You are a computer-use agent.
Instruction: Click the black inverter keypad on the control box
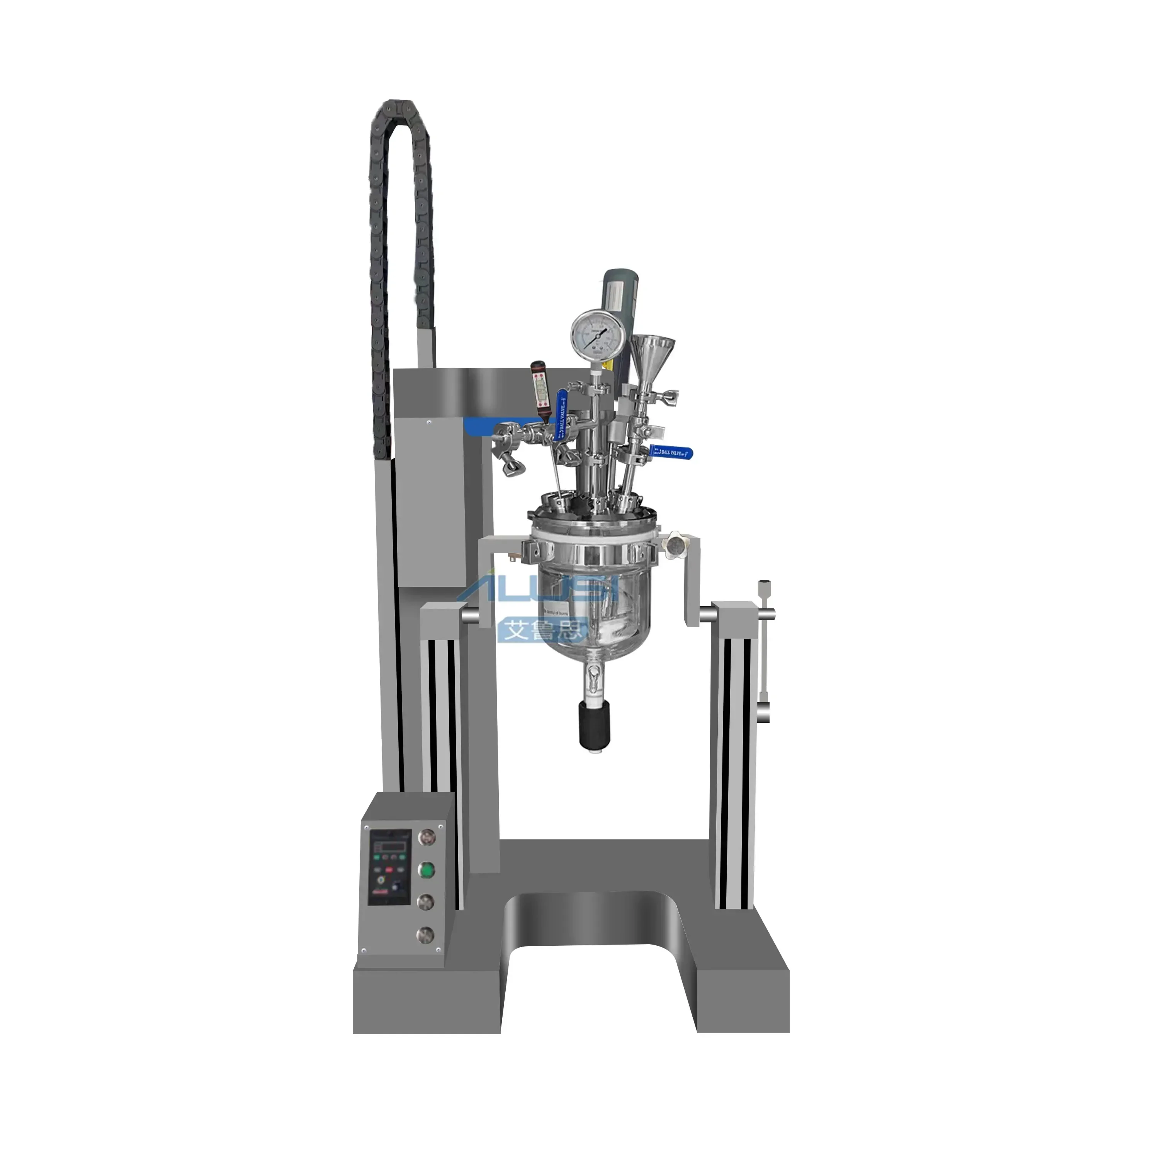[x=390, y=870]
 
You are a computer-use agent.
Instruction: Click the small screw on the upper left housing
[x=428, y=423]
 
